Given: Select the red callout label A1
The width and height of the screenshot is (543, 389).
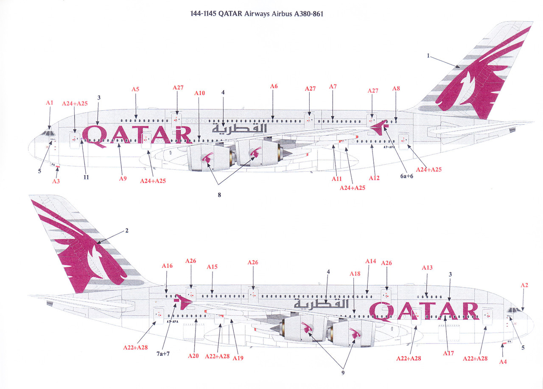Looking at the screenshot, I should coord(50,103).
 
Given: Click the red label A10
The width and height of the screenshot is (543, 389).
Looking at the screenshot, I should coord(200,93).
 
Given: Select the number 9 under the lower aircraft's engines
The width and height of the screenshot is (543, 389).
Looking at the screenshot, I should coord(344,373).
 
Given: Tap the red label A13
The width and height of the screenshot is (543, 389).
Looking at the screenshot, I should coord(427,268).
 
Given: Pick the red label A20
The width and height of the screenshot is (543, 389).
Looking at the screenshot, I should coord(193,356).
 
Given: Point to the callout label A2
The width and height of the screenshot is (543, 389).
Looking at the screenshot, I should coord(524,285).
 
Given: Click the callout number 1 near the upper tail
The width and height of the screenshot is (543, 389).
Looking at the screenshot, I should coord(428,56).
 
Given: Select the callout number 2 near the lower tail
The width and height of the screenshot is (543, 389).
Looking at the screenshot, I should coord(126,231).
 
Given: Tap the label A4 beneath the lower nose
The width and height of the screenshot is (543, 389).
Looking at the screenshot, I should coord(503,362).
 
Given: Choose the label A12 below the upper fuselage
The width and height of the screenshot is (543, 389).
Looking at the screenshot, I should coord(374,178).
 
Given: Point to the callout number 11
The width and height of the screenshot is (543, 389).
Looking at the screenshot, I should coord(86,177).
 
